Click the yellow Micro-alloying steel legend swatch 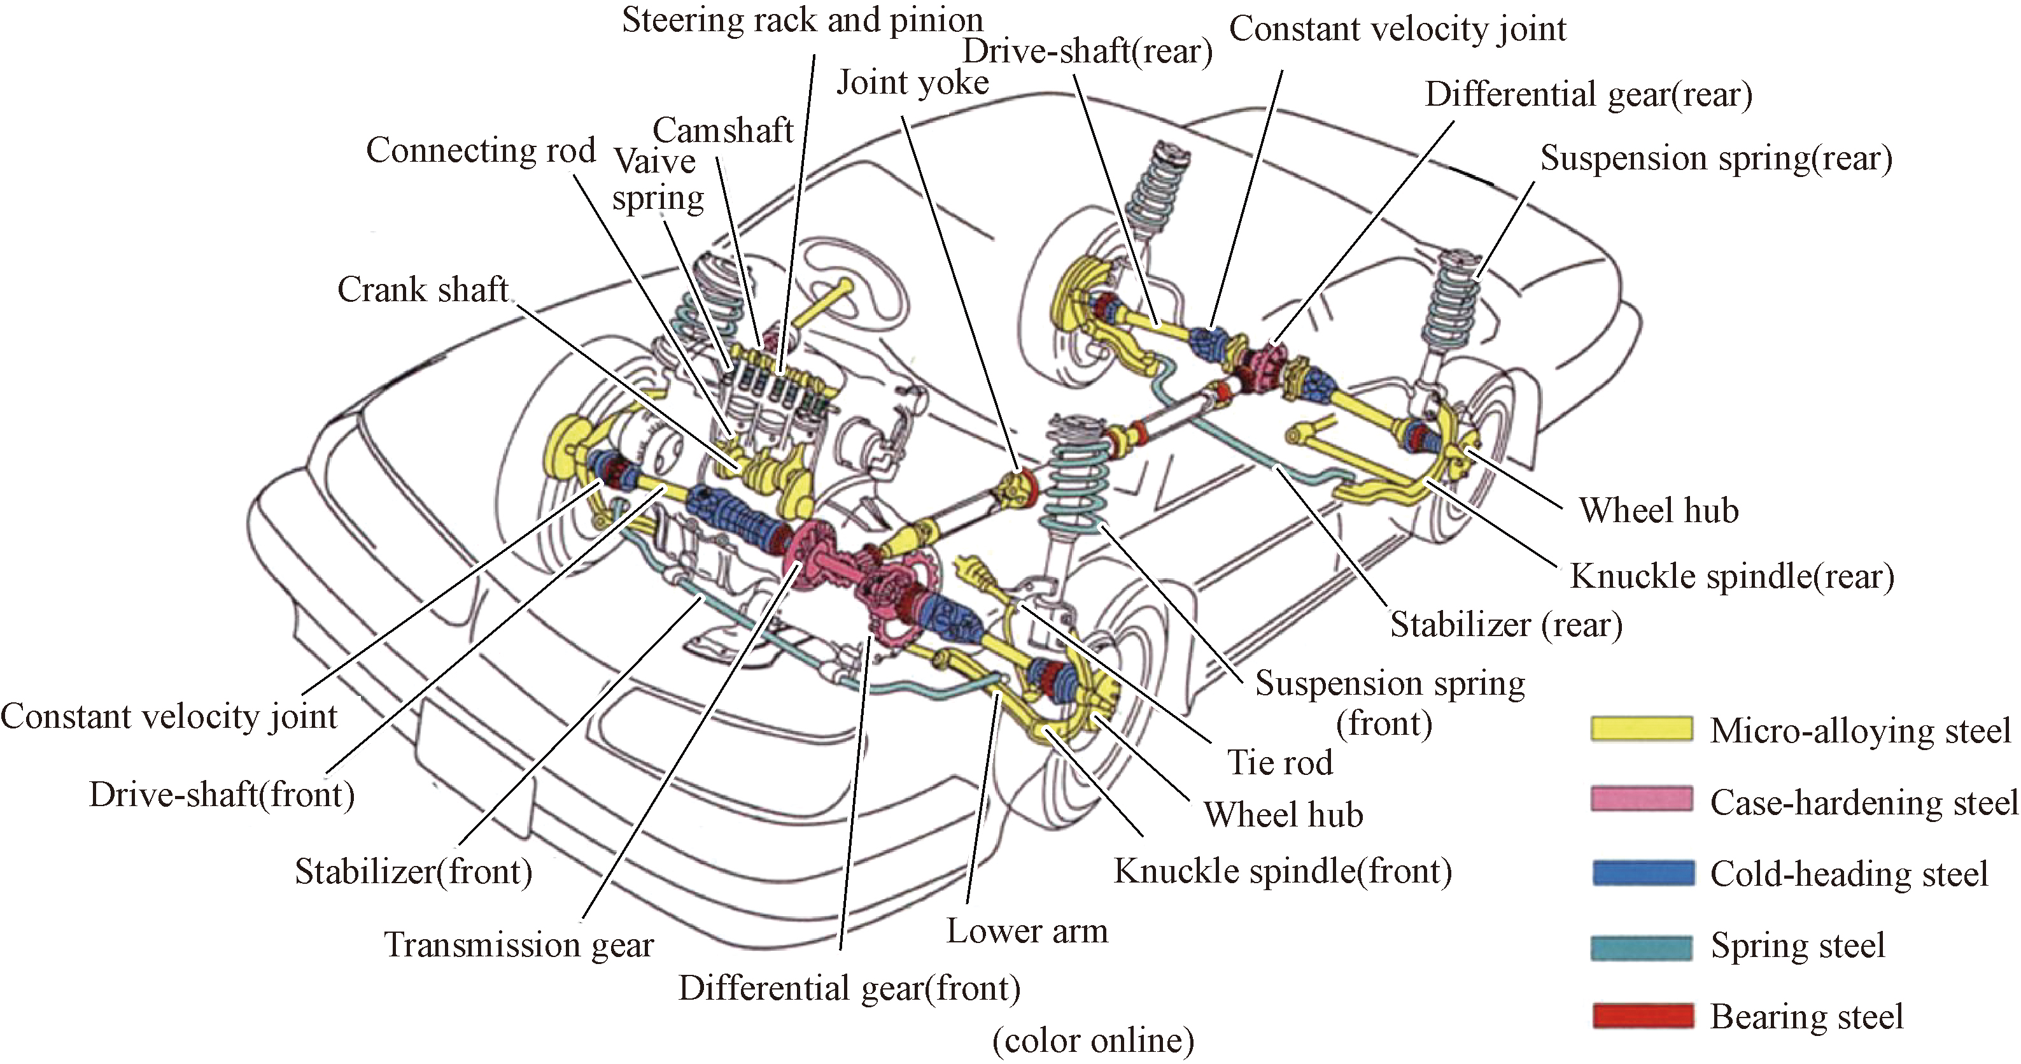(1641, 728)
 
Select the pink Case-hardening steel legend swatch (1641, 800)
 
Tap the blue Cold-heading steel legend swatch (1643, 872)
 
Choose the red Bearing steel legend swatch (1643, 1016)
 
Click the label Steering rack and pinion (802, 20)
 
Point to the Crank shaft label (423, 290)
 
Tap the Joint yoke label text (912, 82)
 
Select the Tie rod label (1279, 763)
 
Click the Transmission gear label (519, 945)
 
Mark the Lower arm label (1027, 932)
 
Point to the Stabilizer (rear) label (1505, 625)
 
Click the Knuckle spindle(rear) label (1731, 577)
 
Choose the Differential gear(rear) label (1588, 95)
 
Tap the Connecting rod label (481, 150)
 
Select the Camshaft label (722, 131)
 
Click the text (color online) (1093, 1041)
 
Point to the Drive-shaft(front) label (222, 795)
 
